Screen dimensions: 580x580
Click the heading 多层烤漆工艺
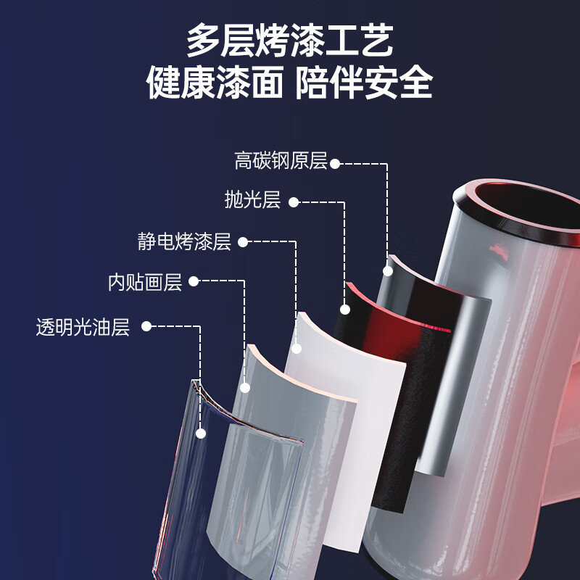[290, 41]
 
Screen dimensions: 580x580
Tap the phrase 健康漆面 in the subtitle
[214, 83]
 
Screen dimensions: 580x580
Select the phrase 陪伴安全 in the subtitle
[364, 83]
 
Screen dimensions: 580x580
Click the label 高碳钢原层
[281, 161]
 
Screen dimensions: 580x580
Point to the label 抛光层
[252, 201]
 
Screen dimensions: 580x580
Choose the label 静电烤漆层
[184, 241]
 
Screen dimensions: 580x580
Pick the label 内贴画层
[145, 282]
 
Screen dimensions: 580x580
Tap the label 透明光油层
[83, 327]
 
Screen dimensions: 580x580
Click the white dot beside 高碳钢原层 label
[335, 163]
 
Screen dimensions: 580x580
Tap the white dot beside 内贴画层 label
[194, 281]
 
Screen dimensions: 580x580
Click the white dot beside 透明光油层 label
[146, 327]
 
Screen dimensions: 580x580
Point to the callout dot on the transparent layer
[201, 433]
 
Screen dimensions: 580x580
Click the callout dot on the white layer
[296, 349]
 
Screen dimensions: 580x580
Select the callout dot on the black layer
[344, 310]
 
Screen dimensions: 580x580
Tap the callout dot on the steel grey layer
[388, 271]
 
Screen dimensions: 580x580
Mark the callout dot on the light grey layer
[245, 388]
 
